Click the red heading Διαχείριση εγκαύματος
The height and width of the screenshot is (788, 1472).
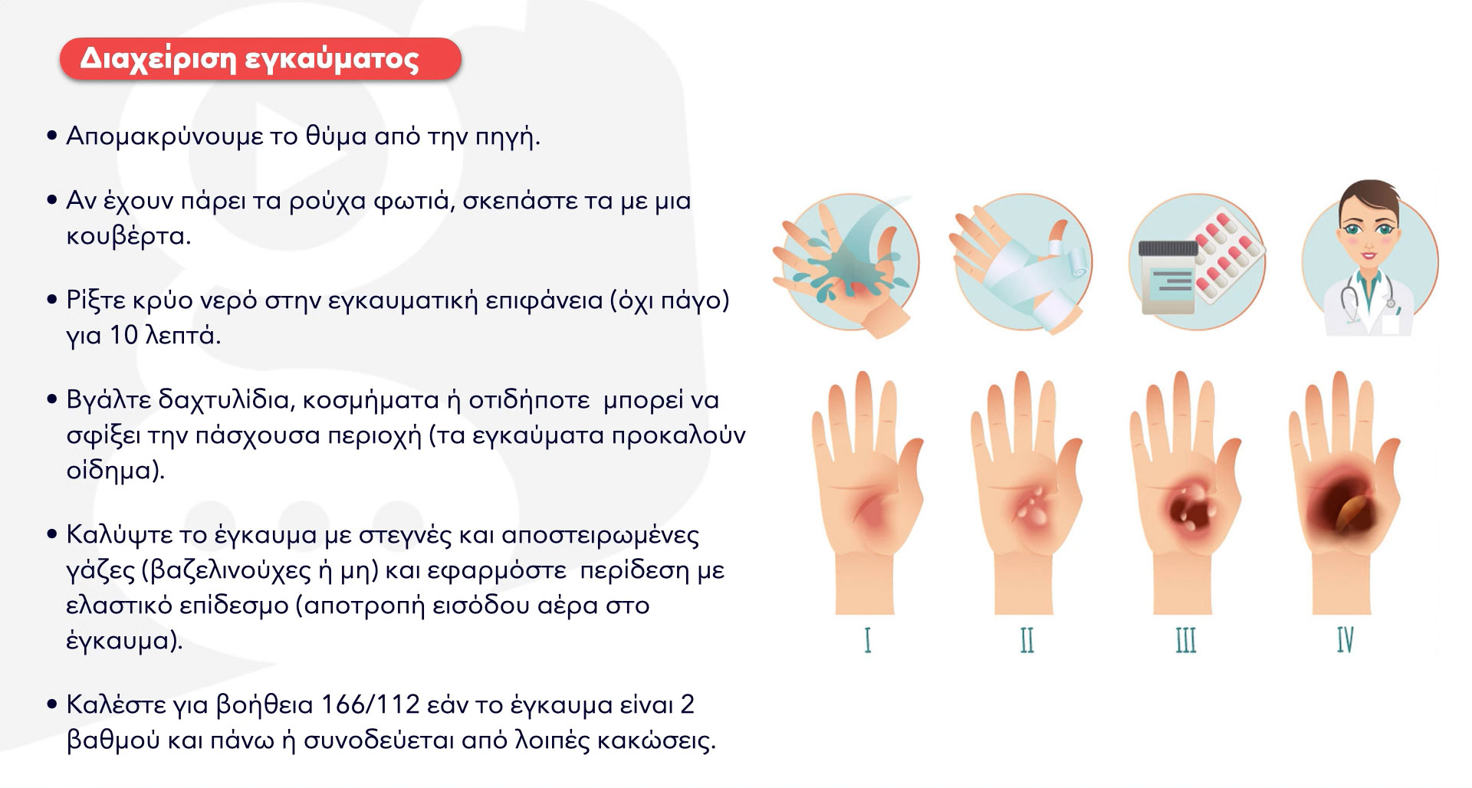click(x=260, y=59)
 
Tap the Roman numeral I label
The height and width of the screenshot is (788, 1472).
click(x=867, y=640)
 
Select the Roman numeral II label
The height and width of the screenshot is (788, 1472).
click(x=1027, y=640)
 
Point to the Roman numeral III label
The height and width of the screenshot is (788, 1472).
click(x=1186, y=640)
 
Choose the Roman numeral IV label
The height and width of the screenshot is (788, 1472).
click(x=1345, y=640)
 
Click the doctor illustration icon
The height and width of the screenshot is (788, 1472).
click(x=1369, y=260)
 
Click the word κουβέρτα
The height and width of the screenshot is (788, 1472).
click(x=128, y=236)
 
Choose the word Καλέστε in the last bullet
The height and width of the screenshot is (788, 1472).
click(x=117, y=704)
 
